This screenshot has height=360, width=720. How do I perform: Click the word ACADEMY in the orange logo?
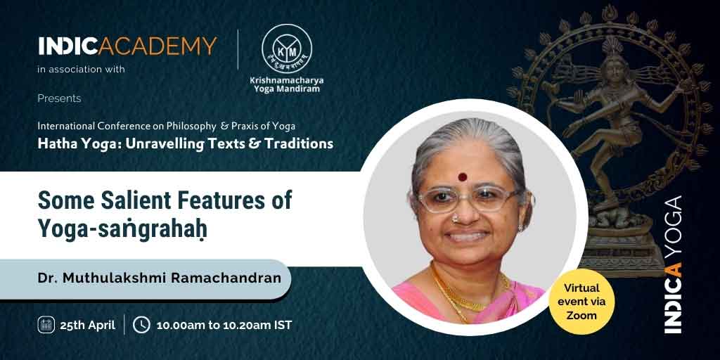click(158, 46)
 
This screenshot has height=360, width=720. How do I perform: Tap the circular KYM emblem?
click(287, 49)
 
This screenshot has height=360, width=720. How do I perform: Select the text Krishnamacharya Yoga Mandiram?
click(287, 84)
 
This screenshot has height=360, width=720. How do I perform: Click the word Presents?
click(59, 98)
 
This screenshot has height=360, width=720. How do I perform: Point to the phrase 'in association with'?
click(82, 70)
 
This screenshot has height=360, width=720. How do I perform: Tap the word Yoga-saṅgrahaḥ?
click(122, 229)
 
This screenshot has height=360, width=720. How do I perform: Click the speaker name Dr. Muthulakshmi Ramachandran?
click(160, 279)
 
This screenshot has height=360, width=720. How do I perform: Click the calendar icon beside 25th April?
click(46, 325)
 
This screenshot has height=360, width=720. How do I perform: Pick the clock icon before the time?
click(141, 325)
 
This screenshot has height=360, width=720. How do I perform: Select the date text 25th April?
click(88, 325)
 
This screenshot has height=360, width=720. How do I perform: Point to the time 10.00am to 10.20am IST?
click(224, 325)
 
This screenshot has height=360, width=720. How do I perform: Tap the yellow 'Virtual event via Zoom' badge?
click(581, 301)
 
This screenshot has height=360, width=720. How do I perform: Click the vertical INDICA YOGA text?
click(674, 265)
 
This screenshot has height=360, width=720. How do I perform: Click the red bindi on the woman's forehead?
click(463, 176)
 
